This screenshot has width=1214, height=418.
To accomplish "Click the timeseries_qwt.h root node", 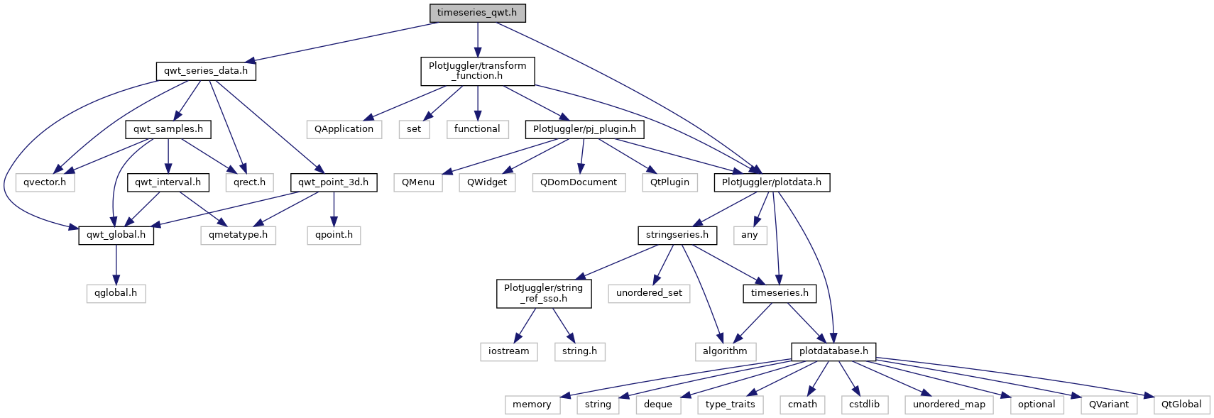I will pos(477,13).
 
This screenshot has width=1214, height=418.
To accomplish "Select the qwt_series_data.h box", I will pos(206,71).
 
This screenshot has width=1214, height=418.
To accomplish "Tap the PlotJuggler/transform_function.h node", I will pos(478,71).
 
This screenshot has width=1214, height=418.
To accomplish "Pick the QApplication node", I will pos(344,129).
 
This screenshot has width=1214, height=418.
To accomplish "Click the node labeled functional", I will pos(477,129).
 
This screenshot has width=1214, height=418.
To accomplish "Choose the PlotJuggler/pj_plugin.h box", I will pos(585,129).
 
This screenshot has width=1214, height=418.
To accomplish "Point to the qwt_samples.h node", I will pos(168,129).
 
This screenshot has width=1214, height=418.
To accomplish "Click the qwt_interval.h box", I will pos(168,182).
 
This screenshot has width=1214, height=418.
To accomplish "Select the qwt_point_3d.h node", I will pos(333,182).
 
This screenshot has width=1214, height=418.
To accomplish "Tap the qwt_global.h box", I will pos(116,235).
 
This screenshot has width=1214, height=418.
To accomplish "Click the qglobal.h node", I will pos(116,293).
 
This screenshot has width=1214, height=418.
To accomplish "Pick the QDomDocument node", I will pos(579,182).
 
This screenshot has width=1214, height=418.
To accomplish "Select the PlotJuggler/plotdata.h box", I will pos(771,182).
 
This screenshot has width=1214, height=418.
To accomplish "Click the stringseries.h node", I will pos(677,235).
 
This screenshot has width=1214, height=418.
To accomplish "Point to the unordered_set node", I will pos(649,293).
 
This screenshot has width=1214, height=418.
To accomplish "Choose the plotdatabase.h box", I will pos(833,351).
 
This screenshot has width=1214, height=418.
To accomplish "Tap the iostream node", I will pos(508,351).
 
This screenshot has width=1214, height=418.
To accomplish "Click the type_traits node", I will pos(731,405).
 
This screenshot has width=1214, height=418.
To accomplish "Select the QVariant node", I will pos(1109,405).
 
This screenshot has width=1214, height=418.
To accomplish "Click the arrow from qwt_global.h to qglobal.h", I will pos(116,264).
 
